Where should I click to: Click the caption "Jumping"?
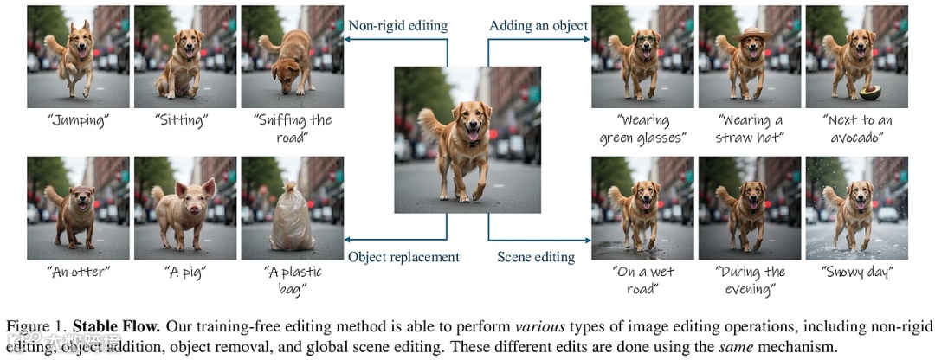coord(78,120)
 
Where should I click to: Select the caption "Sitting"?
coord(184,120)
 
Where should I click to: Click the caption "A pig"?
coord(184,272)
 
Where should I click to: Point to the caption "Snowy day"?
coord(856,273)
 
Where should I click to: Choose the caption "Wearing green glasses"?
coord(642,128)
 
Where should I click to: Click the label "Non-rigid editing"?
coord(397,25)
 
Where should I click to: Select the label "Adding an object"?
coord(538,25)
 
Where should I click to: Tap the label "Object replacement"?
coord(403,256)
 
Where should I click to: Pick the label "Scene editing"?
coord(536,256)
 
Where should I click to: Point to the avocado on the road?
coord(870,91)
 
